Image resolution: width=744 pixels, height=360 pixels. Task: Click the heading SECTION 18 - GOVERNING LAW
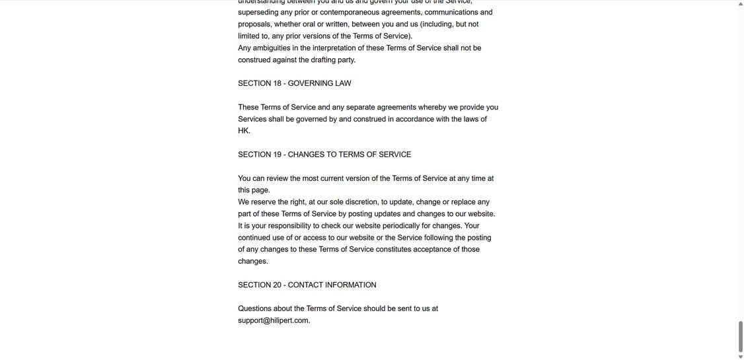pyautogui.click(x=295, y=83)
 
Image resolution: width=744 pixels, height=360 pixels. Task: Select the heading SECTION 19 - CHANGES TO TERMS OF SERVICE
pyautogui.click(x=324, y=155)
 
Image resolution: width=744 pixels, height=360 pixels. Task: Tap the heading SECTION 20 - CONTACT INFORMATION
pyautogui.click(x=307, y=285)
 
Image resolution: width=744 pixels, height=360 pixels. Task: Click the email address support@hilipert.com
pyautogui.click(x=274, y=320)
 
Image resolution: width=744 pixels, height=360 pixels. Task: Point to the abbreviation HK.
pyautogui.click(x=244, y=131)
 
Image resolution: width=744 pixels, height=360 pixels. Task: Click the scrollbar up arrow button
pyautogui.click(x=741, y=4)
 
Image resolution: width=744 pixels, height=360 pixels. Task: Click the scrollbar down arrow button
pyautogui.click(x=741, y=357)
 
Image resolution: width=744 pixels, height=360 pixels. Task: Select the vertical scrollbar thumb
pyautogui.click(x=741, y=336)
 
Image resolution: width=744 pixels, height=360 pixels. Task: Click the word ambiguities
pyautogui.click(x=272, y=48)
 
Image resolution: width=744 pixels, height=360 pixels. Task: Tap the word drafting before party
pyautogui.click(x=323, y=60)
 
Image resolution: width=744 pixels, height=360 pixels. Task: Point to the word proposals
pyautogui.click(x=256, y=24)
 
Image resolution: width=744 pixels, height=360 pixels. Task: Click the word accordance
pyautogui.click(x=414, y=120)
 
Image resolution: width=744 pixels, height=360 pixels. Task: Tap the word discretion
pyautogui.click(x=361, y=202)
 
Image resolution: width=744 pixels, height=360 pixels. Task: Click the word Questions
pyautogui.click(x=254, y=308)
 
